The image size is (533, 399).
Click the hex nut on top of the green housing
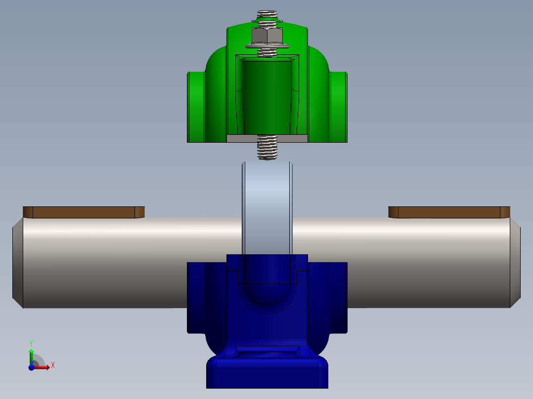point(267,36)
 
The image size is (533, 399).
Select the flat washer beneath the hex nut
point(267,46)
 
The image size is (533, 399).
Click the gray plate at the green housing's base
point(267,138)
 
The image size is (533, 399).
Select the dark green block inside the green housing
point(267,96)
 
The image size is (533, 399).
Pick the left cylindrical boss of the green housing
point(196,106)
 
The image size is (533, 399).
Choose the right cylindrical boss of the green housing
point(339,106)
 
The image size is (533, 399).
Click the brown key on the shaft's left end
point(84,212)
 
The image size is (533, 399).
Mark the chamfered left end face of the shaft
point(17,263)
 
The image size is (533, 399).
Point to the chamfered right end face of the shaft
point(515,263)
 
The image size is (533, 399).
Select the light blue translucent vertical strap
point(267,207)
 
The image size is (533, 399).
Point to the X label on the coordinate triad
point(53,365)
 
